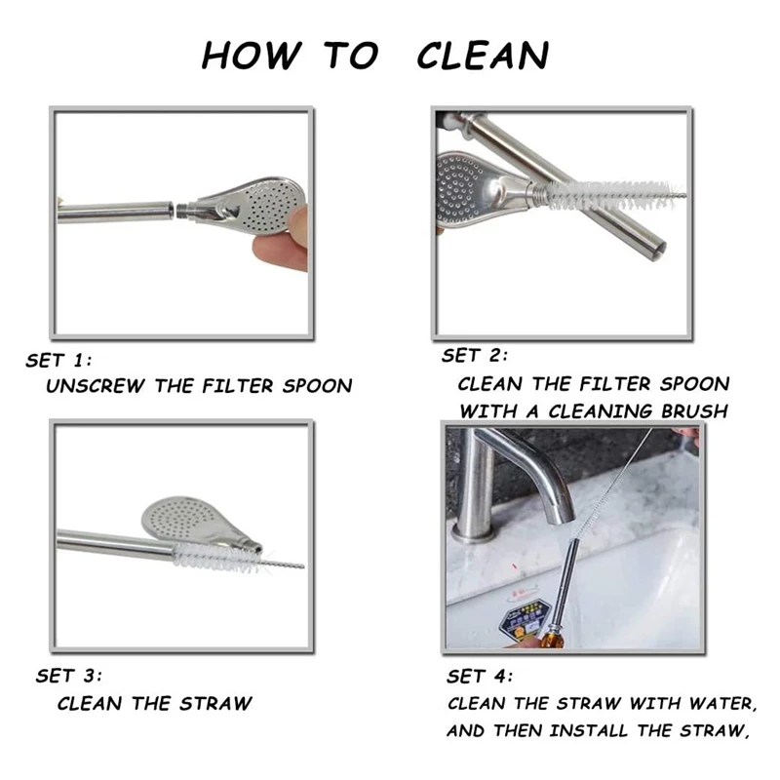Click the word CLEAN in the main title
click(483, 55)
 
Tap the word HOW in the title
click(252, 55)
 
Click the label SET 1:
click(58, 360)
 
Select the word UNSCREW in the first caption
click(95, 386)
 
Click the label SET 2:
click(475, 355)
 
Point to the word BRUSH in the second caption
click(694, 411)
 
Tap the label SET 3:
click(68, 676)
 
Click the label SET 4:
click(479, 677)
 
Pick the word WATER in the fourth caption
click(723, 703)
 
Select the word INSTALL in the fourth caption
click(589, 730)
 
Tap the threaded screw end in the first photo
click(181, 210)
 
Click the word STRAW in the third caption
click(215, 703)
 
